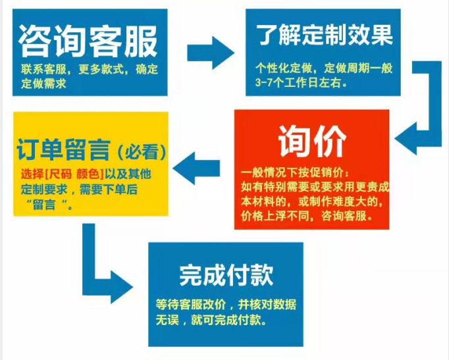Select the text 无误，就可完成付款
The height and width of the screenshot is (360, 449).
pos(209,322)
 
